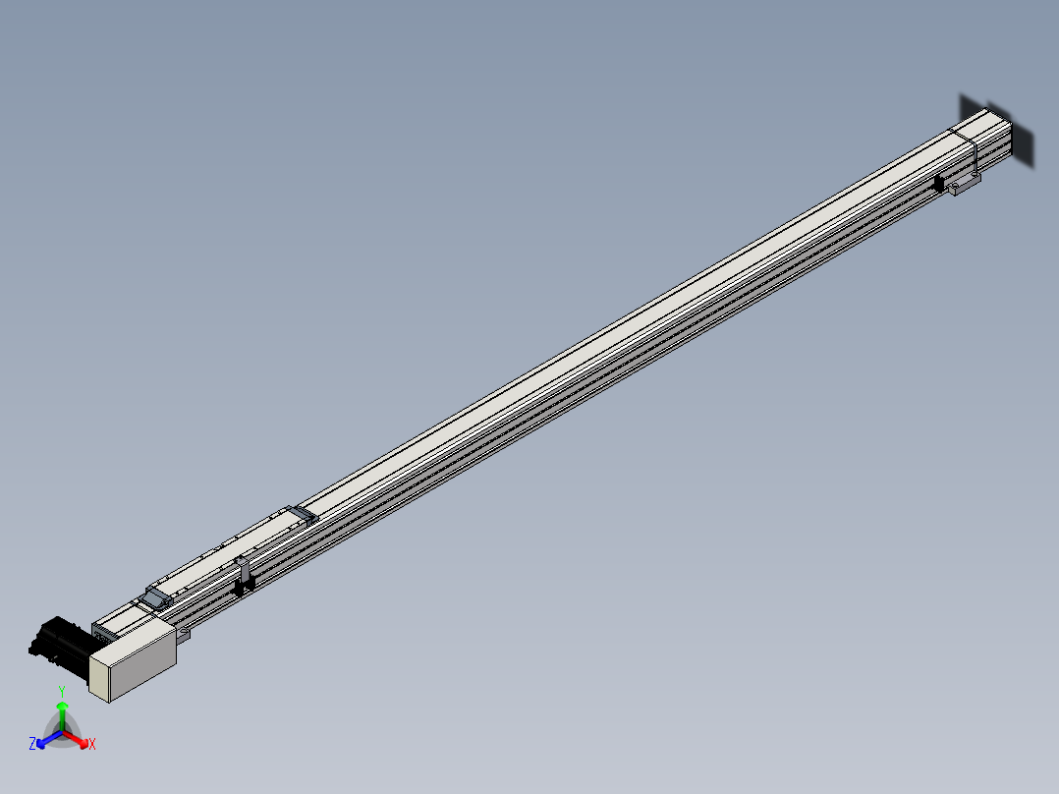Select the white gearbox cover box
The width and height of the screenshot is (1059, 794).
tap(138, 655)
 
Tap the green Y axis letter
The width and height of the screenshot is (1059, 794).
tap(62, 691)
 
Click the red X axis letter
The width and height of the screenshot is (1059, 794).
tap(92, 745)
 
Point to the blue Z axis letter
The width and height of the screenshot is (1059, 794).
tap(32, 745)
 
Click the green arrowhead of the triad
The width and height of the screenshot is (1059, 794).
tap(62, 707)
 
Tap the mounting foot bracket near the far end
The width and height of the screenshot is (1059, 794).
tap(966, 185)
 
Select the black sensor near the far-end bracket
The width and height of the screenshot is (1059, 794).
tap(940, 183)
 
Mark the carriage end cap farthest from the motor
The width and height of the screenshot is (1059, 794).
tap(301, 514)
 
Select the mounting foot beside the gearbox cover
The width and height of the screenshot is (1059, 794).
tap(183, 636)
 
